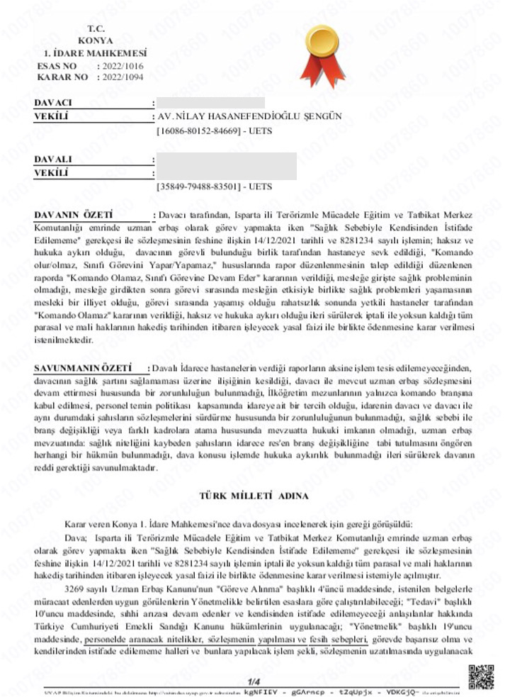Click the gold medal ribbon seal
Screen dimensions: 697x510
click(322, 53)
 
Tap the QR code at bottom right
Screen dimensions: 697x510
click(481, 676)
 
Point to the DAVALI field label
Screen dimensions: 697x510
click(54, 160)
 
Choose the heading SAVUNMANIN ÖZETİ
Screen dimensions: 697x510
click(83, 369)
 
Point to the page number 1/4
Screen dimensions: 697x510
click(254, 682)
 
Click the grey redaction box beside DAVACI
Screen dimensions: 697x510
click(210, 104)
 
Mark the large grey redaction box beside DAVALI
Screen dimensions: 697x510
click(225, 166)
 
